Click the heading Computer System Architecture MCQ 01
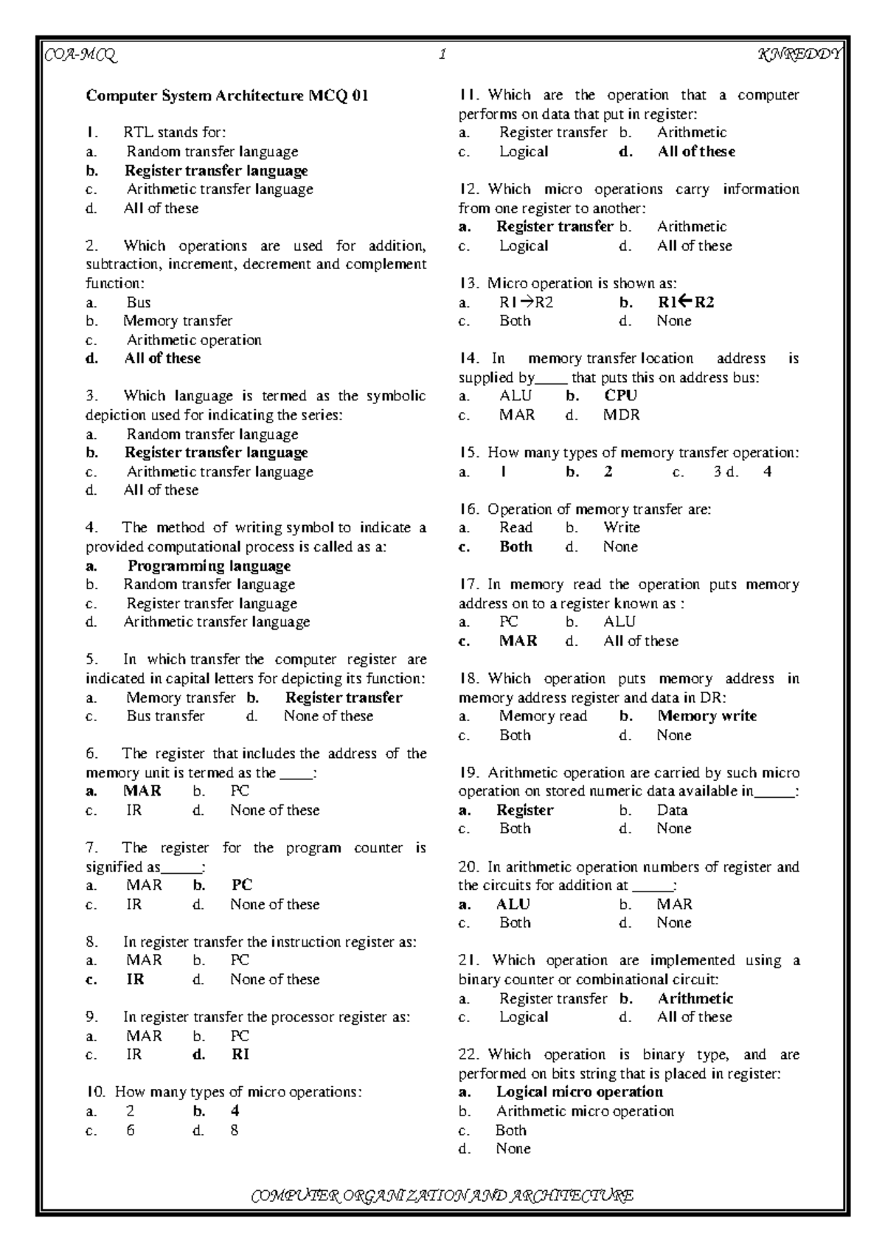(226, 96)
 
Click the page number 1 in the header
(442, 55)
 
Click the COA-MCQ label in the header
(81, 55)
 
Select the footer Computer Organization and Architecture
(442, 1194)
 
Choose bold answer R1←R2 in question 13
(685, 302)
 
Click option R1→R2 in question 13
(526, 302)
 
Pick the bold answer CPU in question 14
(620, 396)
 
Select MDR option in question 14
(621, 415)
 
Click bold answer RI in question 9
(240, 1054)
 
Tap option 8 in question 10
(235, 1130)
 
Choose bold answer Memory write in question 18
(707, 716)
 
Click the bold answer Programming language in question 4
(209, 566)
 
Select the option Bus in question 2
(139, 302)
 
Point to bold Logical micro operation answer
(579, 1092)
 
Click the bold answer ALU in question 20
(513, 904)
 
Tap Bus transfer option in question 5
(165, 716)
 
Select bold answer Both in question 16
(516, 547)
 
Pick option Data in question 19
(672, 810)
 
